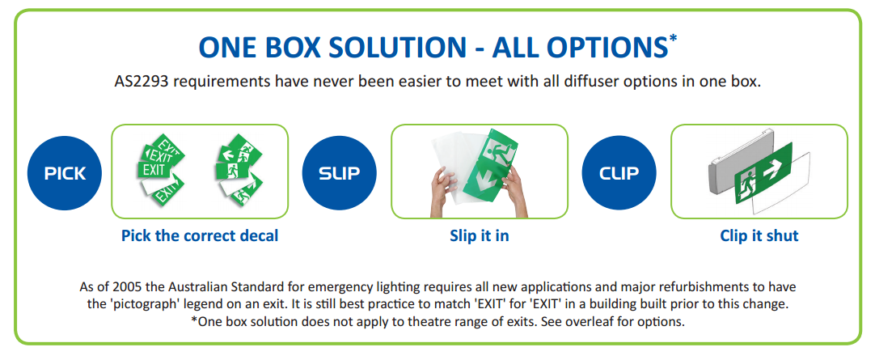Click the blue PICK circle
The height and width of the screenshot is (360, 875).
click(65, 173)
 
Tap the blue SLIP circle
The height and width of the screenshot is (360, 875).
click(340, 173)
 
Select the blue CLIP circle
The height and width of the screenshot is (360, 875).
click(619, 173)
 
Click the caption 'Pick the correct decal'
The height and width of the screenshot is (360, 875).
click(200, 235)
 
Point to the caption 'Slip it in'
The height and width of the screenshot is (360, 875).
click(480, 235)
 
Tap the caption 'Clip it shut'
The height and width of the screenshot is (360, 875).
click(759, 235)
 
